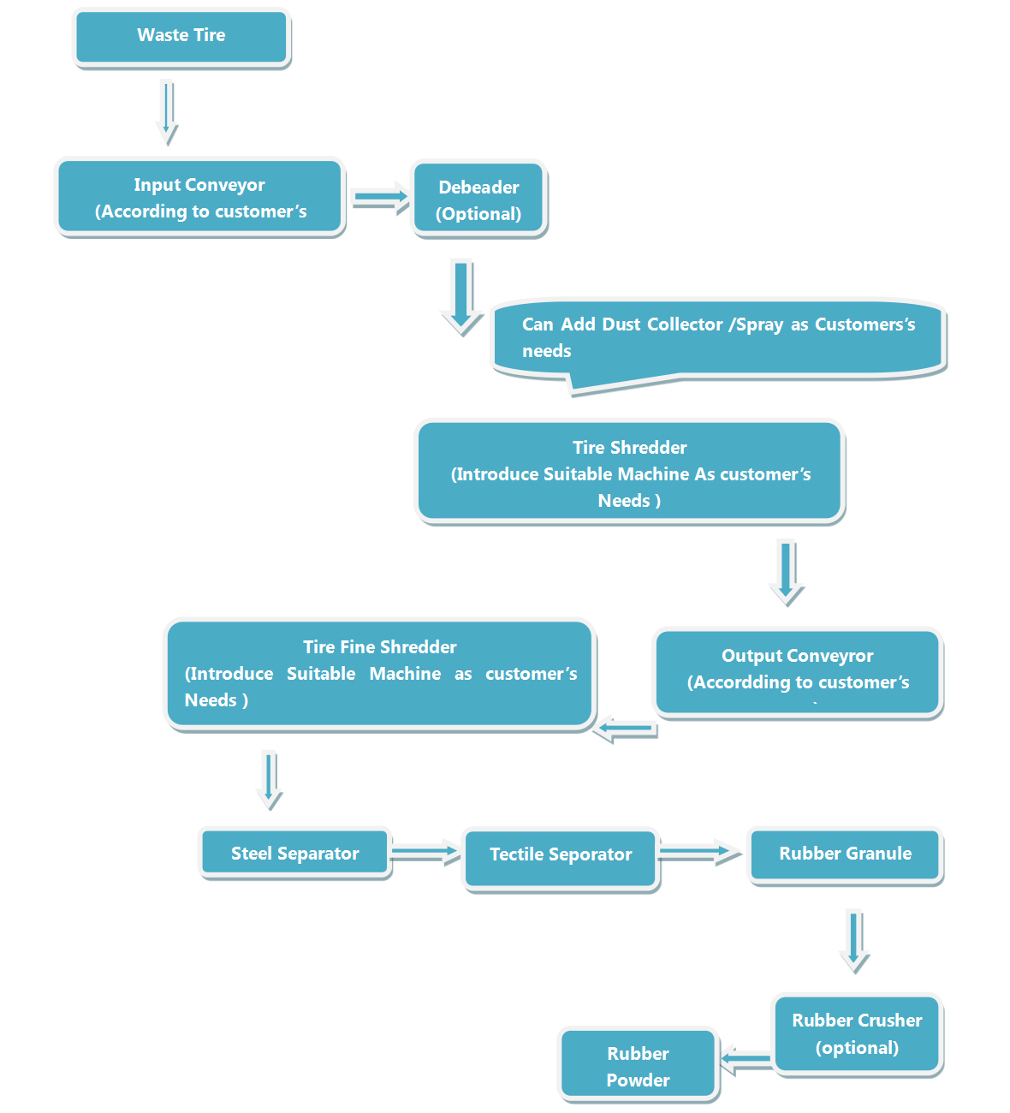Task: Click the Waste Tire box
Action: [x=181, y=37]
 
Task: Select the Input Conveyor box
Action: [x=200, y=198]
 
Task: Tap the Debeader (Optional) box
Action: [x=478, y=199]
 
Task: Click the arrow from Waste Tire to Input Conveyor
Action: [x=168, y=111]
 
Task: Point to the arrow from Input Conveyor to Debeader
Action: [x=380, y=198]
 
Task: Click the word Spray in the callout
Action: [x=760, y=324]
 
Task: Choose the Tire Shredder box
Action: [x=630, y=472]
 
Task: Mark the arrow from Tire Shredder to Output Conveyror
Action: [x=787, y=572]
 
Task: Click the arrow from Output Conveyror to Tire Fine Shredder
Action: [x=626, y=729]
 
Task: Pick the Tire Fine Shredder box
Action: [x=380, y=674]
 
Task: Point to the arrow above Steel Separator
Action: [x=270, y=779]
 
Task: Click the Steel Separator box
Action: [x=295, y=854]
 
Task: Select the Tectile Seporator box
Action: [x=561, y=856]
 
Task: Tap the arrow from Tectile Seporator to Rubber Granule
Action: [x=699, y=853]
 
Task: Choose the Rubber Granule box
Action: [x=846, y=854]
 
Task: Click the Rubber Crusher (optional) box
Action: [x=857, y=1033]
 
